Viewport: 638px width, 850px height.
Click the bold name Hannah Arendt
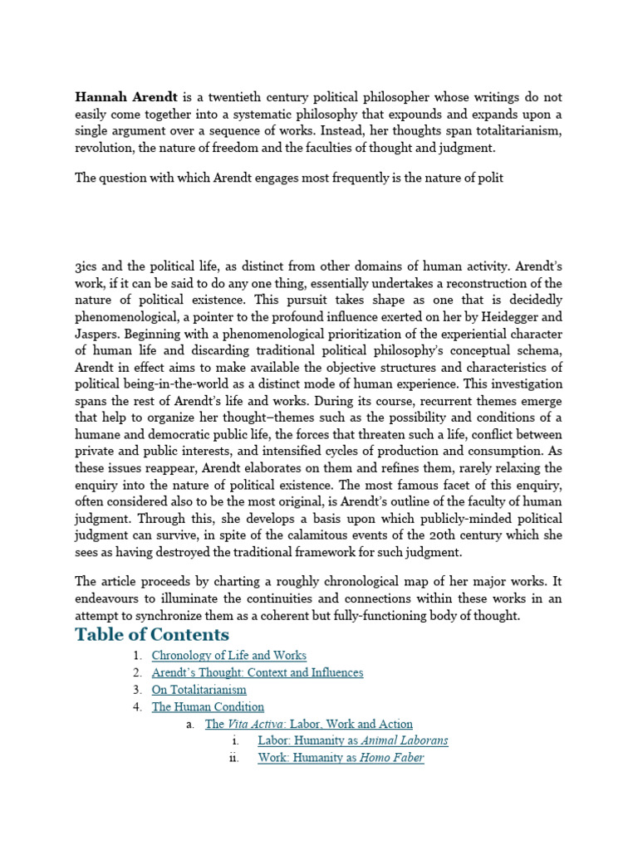pyautogui.click(x=125, y=96)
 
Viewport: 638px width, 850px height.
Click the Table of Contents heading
pyautogui.click(x=152, y=635)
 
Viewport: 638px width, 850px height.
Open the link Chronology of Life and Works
pyautogui.click(x=229, y=656)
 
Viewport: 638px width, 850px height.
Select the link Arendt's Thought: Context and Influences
pyautogui.click(x=258, y=672)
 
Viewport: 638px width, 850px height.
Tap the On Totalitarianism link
pyautogui.click(x=199, y=690)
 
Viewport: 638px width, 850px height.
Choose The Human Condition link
pyautogui.click(x=208, y=707)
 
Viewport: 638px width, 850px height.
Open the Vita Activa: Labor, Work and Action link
pyautogui.click(x=309, y=725)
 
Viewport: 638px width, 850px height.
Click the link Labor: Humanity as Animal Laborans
pyautogui.click(x=353, y=740)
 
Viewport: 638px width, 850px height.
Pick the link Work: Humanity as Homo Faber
pyautogui.click(x=341, y=758)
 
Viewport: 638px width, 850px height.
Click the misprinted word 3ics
pyautogui.click(x=87, y=267)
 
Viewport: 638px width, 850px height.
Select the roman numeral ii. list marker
pyautogui.click(x=234, y=758)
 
